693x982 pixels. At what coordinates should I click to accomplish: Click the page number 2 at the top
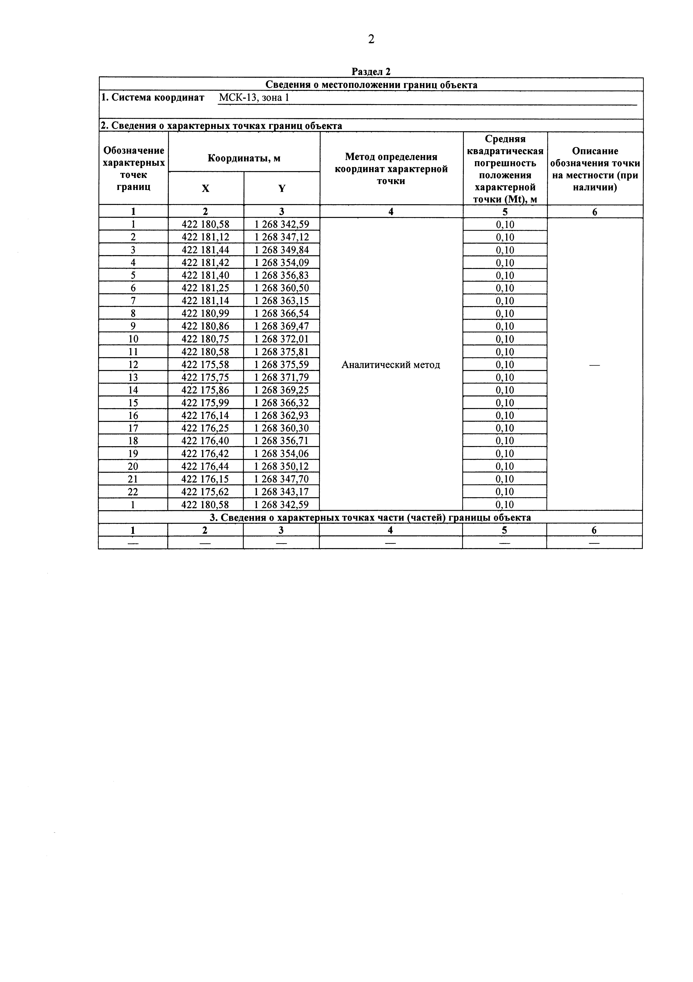[371, 39]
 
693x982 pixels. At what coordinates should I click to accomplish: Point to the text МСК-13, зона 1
[254, 98]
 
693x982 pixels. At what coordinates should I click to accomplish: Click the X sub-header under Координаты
[206, 188]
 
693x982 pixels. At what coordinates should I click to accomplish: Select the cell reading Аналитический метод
[391, 365]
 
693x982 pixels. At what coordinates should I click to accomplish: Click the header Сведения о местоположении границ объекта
[371, 85]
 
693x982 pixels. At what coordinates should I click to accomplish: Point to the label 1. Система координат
[152, 98]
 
